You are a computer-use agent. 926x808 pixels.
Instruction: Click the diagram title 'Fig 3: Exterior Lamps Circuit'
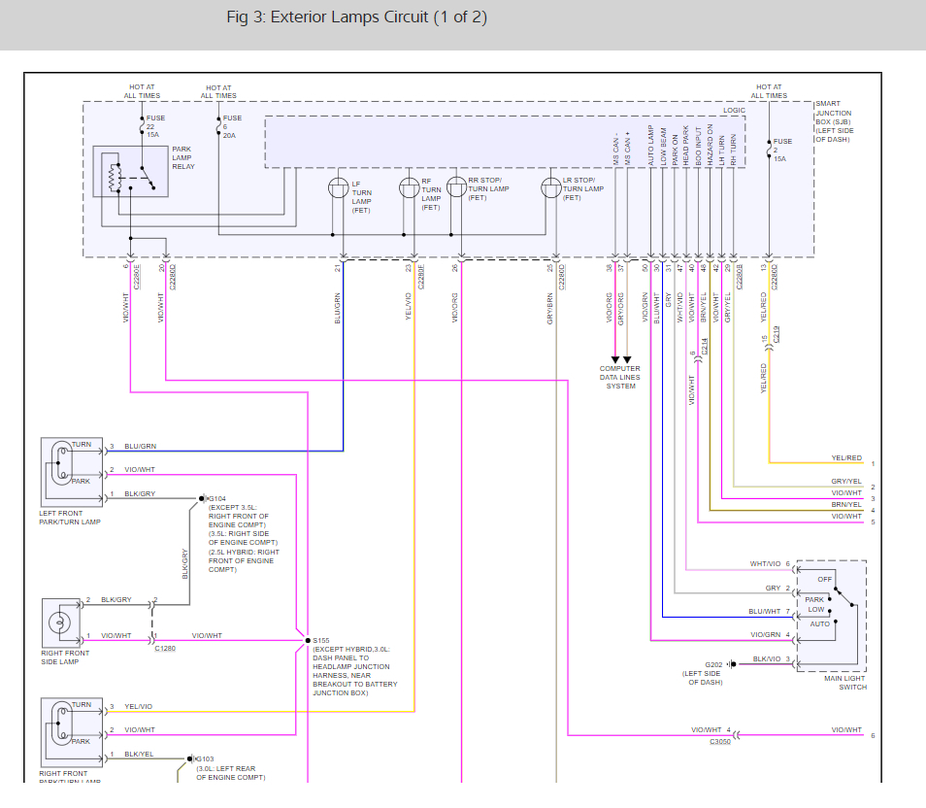(356, 17)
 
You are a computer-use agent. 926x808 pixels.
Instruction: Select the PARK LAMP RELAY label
(182, 157)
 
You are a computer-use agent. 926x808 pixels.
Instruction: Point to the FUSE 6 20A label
(232, 126)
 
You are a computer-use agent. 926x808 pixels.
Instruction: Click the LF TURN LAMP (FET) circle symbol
(339, 186)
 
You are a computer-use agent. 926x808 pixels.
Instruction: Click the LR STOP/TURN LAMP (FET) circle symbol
(550, 187)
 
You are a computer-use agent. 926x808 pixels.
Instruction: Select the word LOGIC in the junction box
(733, 110)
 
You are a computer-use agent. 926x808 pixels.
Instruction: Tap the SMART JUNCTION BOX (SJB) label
(838, 121)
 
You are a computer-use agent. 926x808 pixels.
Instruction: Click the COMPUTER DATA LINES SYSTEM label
(620, 378)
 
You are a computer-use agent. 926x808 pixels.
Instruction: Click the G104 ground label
(217, 498)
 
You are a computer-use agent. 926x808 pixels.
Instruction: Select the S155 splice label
(321, 641)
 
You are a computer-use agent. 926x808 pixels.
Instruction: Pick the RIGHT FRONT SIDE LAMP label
(65, 657)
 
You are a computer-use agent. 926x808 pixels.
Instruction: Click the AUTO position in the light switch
(819, 623)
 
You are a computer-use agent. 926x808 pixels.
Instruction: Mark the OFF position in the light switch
(824, 580)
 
